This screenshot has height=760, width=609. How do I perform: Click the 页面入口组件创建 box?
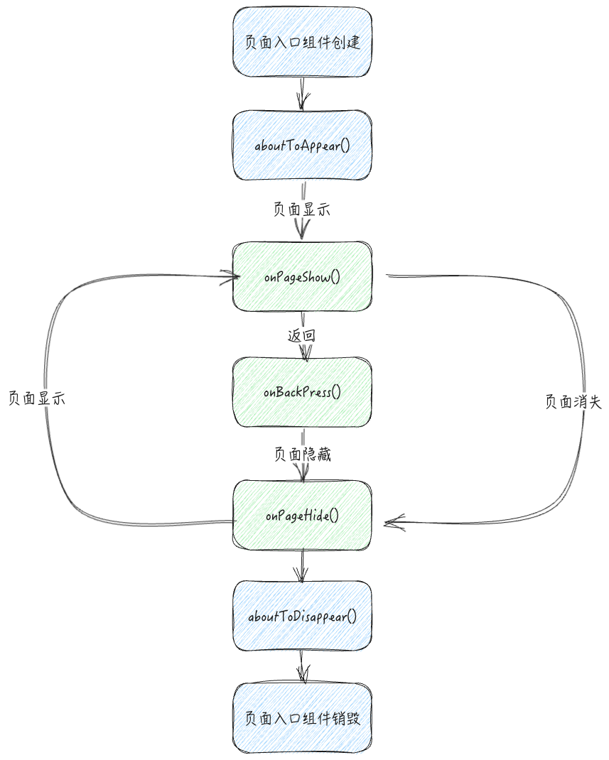click(303, 42)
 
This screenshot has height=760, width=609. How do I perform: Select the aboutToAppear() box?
click(303, 146)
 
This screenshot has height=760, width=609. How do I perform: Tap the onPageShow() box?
click(303, 277)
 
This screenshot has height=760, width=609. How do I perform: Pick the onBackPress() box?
click(303, 392)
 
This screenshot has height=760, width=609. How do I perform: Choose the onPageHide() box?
click(303, 515)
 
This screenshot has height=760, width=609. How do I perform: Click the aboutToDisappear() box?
click(303, 617)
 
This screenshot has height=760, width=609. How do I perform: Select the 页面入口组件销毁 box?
click(303, 718)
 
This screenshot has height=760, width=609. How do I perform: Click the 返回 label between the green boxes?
click(301, 336)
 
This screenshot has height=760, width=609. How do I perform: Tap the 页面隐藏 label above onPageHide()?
click(302, 454)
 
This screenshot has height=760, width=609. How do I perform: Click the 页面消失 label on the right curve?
click(573, 402)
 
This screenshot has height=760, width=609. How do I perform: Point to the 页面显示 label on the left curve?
click(37, 398)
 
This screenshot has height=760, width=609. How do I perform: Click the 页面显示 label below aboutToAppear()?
click(301, 210)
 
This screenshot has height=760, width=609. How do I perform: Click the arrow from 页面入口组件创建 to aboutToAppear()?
click(303, 93)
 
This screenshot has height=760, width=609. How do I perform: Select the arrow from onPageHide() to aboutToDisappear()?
click(303, 566)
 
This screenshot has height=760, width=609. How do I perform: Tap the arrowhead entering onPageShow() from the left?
click(227, 278)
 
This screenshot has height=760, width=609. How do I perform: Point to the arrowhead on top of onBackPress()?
click(305, 352)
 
